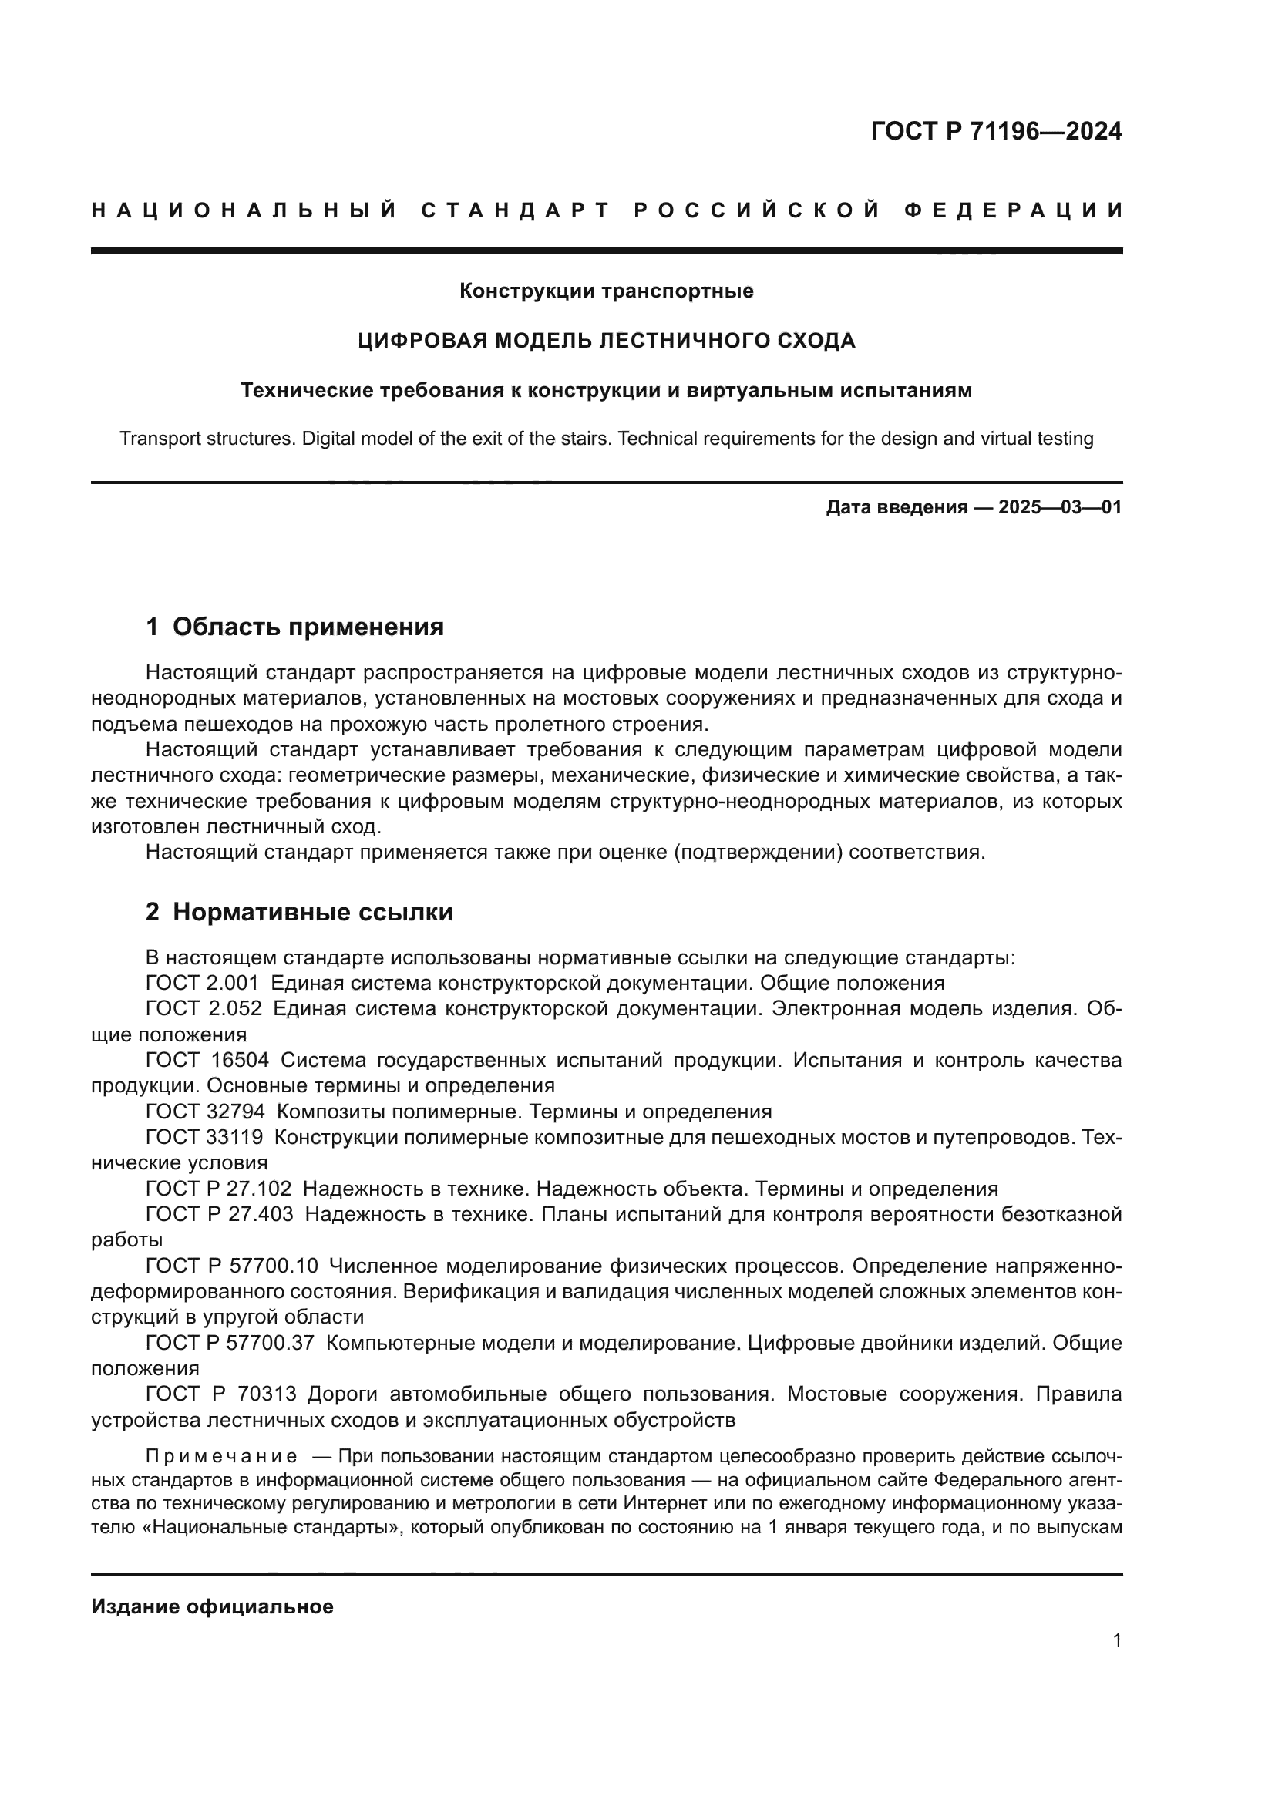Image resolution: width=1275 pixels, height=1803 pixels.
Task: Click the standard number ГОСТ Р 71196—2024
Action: (995, 131)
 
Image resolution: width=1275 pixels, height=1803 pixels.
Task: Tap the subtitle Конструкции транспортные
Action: (606, 291)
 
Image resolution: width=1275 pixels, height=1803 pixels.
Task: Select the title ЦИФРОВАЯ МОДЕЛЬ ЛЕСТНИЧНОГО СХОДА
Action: (606, 341)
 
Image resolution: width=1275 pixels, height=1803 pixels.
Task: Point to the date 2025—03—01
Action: (1060, 507)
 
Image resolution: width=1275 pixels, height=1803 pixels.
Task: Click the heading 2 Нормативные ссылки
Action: (299, 913)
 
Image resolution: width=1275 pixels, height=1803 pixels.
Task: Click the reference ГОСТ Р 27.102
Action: (218, 1189)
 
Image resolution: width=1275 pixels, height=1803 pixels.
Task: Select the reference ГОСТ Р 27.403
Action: (219, 1215)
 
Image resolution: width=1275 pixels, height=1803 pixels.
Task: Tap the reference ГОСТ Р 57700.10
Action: (231, 1266)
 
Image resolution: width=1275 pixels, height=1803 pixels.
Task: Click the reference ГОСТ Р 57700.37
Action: (230, 1344)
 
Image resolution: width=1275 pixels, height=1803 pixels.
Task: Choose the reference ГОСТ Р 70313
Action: (220, 1394)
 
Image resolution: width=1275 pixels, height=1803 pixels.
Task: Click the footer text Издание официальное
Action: (212, 1606)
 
